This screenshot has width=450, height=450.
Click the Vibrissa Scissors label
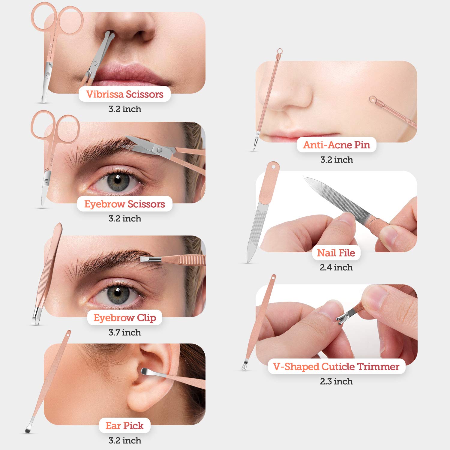coord(124,94)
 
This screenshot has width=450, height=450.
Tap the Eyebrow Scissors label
coord(124,204)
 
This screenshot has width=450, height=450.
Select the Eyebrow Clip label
coord(124,318)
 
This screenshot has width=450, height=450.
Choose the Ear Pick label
coord(124,426)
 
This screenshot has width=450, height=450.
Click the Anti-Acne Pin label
coord(336,145)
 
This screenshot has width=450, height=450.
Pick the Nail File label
coord(336,253)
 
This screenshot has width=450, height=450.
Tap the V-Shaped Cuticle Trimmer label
coord(336,367)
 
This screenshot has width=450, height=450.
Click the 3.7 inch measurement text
coord(124,332)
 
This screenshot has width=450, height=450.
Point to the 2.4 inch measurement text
coord(336,267)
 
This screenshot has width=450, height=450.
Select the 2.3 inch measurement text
coord(336,381)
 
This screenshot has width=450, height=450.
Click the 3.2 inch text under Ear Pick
coord(124,440)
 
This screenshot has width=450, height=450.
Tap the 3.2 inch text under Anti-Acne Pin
coord(336,160)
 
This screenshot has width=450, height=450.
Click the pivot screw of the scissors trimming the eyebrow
coord(160,150)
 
